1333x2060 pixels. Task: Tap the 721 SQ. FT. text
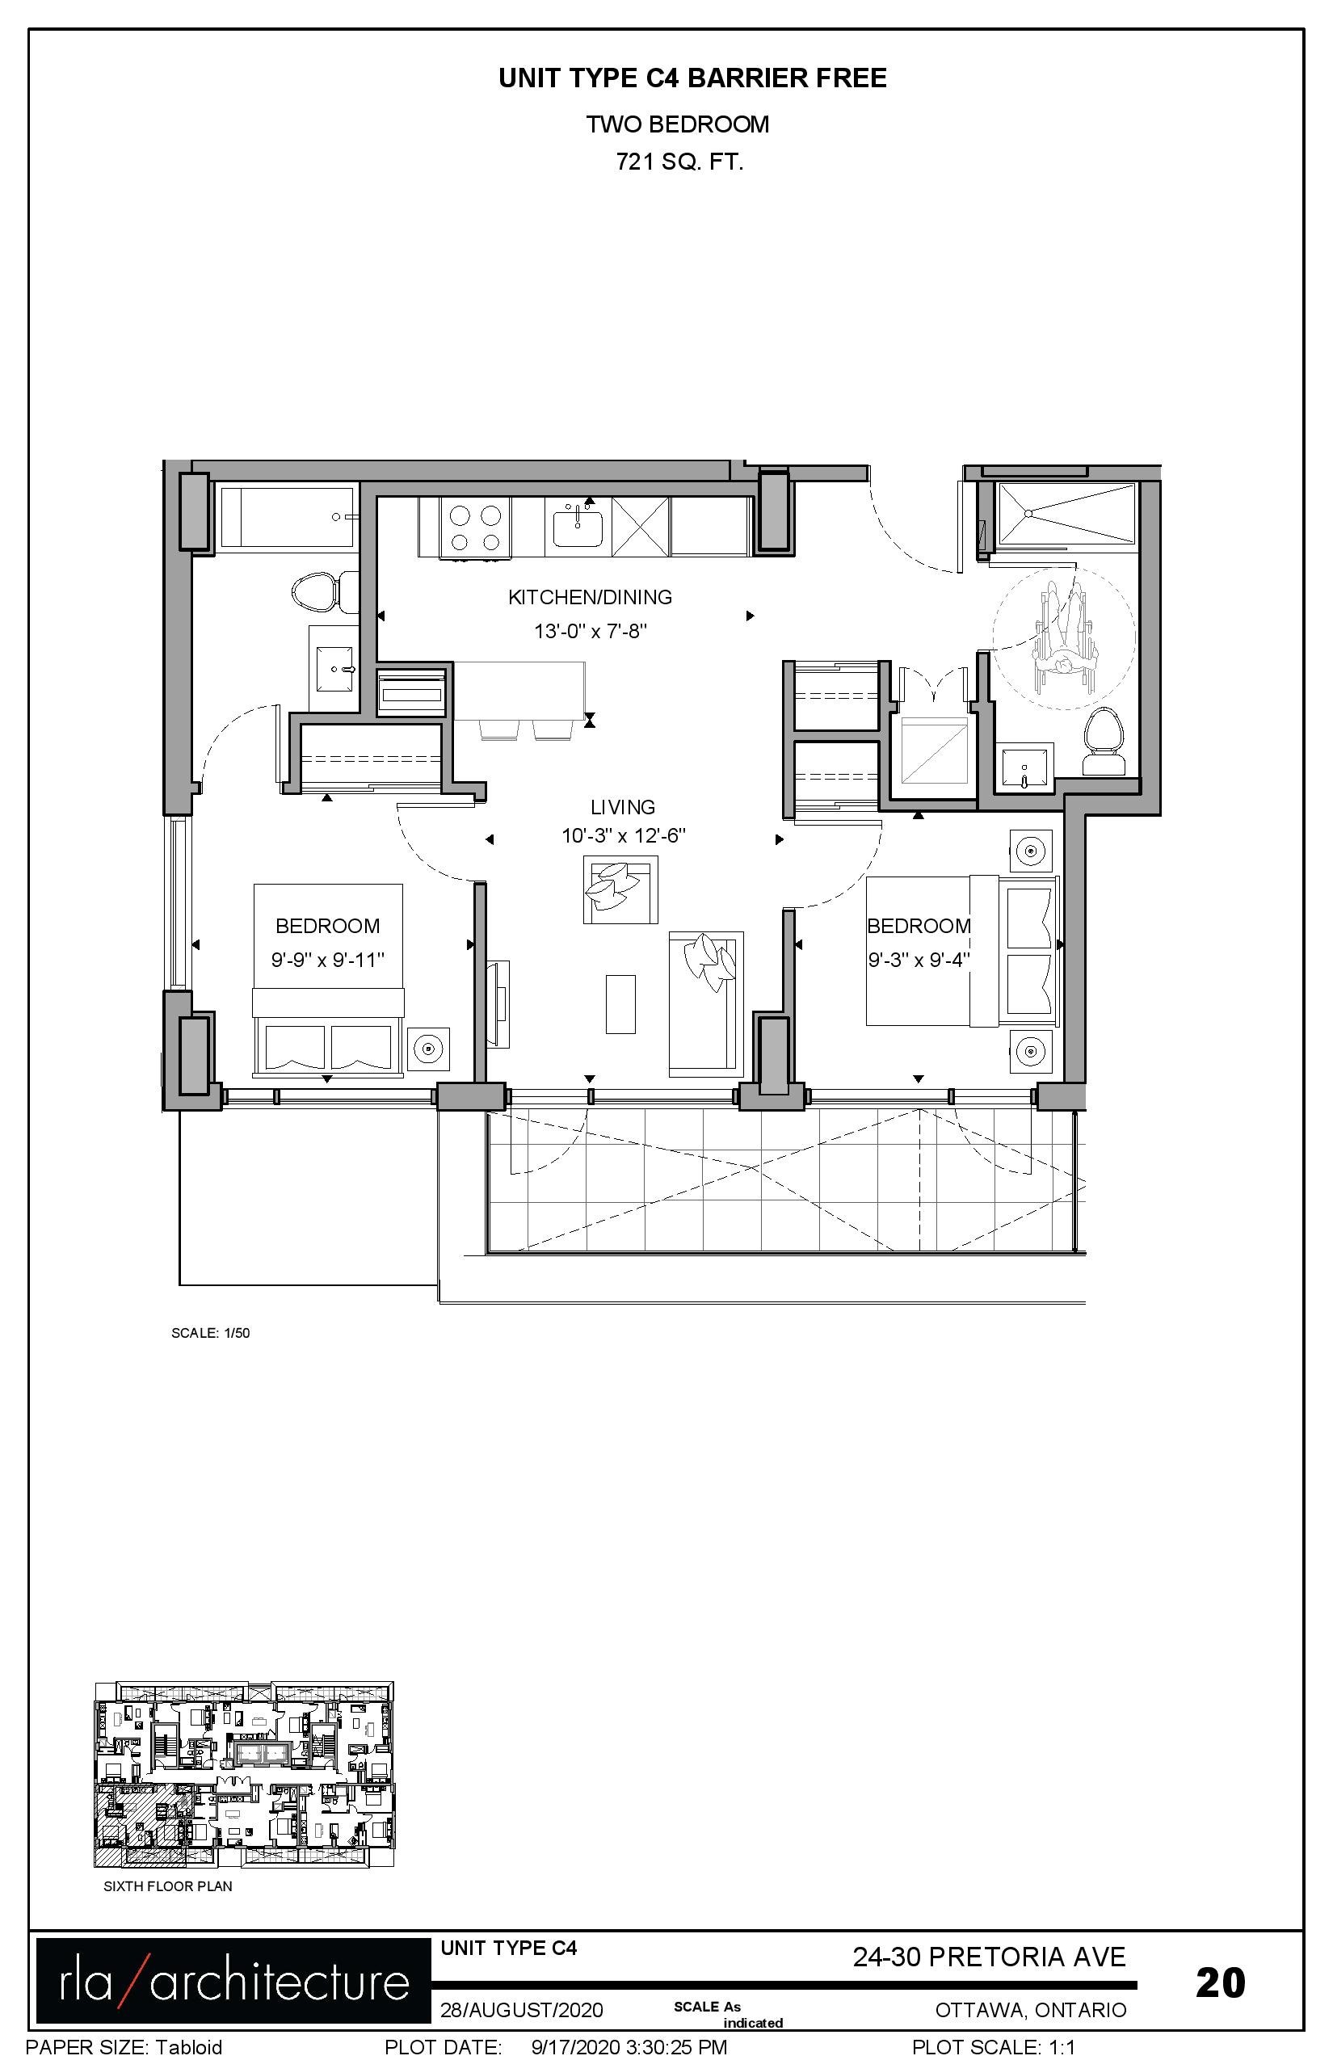pyautogui.click(x=679, y=162)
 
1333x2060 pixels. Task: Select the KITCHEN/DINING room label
pyautogui.click(x=591, y=597)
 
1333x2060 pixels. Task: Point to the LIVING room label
pyautogui.click(x=622, y=807)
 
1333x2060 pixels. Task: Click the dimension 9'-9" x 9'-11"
pyautogui.click(x=327, y=960)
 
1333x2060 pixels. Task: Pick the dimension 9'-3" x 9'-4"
pyautogui.click(x=919, y=960)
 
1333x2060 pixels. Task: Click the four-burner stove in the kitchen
pyautogui.click(x=475, y=528)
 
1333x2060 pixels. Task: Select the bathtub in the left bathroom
pyautogui.click(x=288, y=517)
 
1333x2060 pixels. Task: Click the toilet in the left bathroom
pyautogui.click(x=325, y=593)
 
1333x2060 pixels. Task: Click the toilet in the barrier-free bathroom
pyautogui.click(x=1104, y=742)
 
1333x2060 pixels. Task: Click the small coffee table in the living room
pyautogui.click(x=620, y=1004)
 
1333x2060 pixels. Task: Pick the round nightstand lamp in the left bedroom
pyautogui.click(x=428, y=1050)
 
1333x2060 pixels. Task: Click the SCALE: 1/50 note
pyautogui.click(x=210, y=1333)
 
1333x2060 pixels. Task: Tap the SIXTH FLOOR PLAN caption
pyautogui.click(x=168, y=1886)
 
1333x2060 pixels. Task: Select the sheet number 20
pyautogui.click(x=1221, y=1982)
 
